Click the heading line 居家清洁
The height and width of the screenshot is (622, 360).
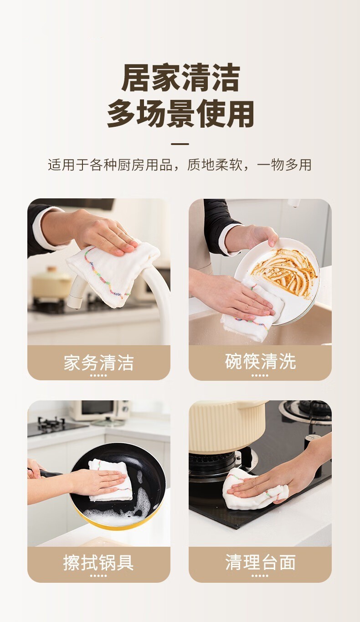pyautogui.click(x=180, y=78)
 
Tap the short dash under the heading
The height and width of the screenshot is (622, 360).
pyautogui.click(x=180, y=144)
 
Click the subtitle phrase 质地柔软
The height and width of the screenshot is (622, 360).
pyautogui.click(x=215, y=165)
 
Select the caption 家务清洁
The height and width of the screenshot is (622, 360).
pyautogui.click(x=98, y=363)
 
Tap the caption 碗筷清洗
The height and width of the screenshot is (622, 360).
pyautogui.click(x=260, y=362)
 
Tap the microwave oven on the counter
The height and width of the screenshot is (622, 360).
pyautogui.click(x=99, y=410)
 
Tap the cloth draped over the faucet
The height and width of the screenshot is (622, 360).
pyautogui.click(x=111, y=275)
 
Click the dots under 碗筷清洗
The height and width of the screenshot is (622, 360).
pyautogui.click(x=260, y=375)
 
